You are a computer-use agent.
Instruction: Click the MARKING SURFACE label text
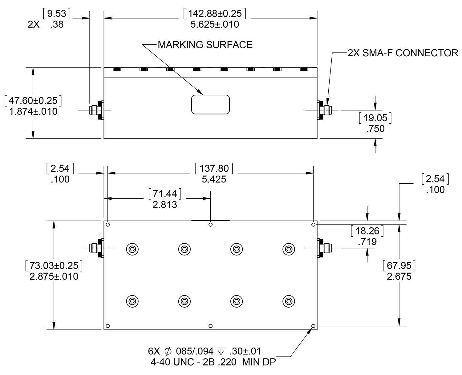tap(205, 45)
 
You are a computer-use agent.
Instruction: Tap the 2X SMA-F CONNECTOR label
tap(403, 53)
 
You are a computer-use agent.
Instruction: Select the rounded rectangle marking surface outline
tap(211, 104)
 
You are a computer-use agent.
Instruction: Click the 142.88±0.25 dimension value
tap(214, 14)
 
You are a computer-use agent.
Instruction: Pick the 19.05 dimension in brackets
tap(375, 118)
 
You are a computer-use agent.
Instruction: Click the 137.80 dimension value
tap(214, 168)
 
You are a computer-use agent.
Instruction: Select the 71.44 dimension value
tap(165, 193)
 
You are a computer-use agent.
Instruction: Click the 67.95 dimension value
tap(399, 265)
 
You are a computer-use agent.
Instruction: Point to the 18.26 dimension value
tap(367, 231)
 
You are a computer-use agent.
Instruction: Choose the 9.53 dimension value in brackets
tap(57, 14)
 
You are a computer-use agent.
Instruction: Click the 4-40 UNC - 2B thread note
tap(194, 362)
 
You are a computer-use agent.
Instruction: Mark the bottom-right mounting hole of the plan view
tap(313, 326)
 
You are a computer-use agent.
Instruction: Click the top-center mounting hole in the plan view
tap(210, 225)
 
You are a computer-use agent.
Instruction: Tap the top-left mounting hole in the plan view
tap(108, 225)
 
